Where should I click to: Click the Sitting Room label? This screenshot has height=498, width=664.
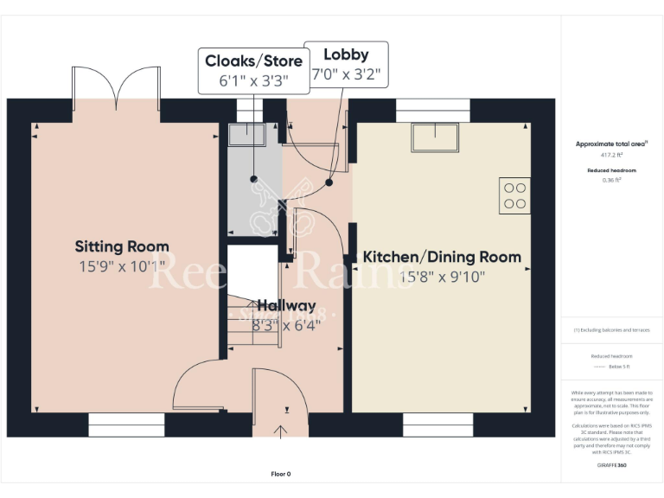click(x=122, y=246)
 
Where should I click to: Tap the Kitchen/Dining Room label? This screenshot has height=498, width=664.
click(x=442, y=257)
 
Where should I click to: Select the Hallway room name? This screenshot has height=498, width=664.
click(x=286, y=305)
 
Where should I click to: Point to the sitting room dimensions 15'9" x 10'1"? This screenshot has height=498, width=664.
click(x=122, y=266)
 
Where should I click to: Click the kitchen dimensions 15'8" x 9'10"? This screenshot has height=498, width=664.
click(x=442, y=277)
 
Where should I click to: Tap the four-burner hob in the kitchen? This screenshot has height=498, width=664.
click(x=515, y=195)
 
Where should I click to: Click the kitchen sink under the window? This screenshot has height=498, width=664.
click(x=434, y=137)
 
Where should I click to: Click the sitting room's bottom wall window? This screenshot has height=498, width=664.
click(x=126, y=425)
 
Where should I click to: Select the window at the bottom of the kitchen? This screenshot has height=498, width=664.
click(x=437, y=425)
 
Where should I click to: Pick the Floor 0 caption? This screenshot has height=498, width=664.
click(x=282, y=474)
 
